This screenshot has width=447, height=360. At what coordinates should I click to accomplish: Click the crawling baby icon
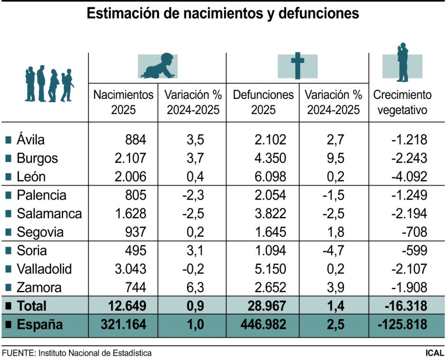point(157,66)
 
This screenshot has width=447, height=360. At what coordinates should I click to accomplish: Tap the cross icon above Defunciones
point(297,66)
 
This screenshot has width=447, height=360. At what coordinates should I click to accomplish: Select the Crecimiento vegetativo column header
point(402,102)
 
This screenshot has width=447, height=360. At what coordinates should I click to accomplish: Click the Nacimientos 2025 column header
point(124,102)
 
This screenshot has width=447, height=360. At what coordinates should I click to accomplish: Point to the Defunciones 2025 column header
point(263,102)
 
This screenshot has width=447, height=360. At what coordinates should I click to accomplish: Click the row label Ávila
point(30,140)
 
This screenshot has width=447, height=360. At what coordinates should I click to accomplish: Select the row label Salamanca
point(49,214)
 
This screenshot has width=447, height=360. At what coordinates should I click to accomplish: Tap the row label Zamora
point(39,288)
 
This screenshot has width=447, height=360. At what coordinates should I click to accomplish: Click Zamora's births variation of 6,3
point(195,288)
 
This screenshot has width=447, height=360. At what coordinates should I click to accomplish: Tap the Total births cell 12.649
point(126,306)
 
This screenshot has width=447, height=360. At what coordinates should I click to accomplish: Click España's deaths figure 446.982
point(263,325)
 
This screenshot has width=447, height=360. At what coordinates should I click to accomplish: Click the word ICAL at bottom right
point(435,353)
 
